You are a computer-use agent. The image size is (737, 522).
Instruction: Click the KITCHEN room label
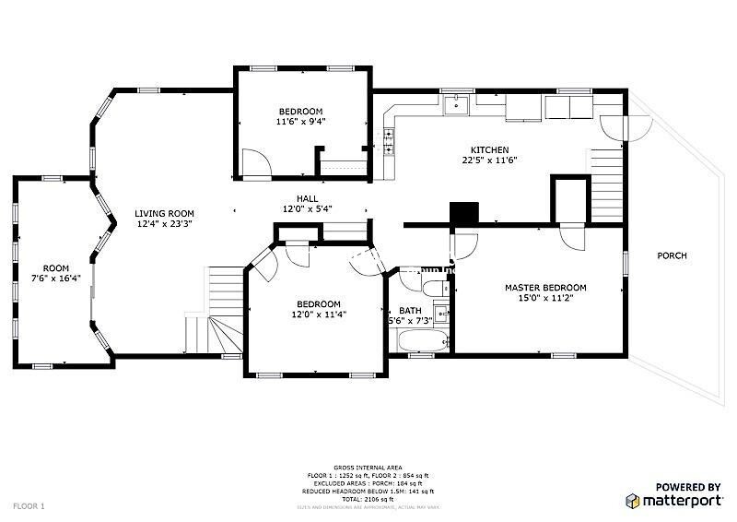(489, 150)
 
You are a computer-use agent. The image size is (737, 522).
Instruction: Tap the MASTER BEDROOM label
(544, 288)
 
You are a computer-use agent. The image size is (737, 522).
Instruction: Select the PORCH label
(672, 255)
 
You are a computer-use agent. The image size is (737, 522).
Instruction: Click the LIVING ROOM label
(165, 213)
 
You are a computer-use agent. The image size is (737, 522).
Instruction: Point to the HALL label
(307, 198)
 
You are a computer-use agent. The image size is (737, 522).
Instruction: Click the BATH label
(409, 311)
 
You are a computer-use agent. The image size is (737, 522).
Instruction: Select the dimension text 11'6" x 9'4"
(300, 121)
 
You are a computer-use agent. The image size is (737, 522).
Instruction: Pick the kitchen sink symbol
(456, 106)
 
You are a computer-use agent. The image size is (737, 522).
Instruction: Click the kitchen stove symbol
(389, 141)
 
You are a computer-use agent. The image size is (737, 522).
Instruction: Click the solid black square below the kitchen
(463, 213)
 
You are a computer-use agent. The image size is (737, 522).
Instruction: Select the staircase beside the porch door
(608, 179)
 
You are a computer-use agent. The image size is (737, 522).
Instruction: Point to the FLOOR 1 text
(29, 506)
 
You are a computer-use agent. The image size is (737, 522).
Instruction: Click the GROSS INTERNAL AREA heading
(368, 468)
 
